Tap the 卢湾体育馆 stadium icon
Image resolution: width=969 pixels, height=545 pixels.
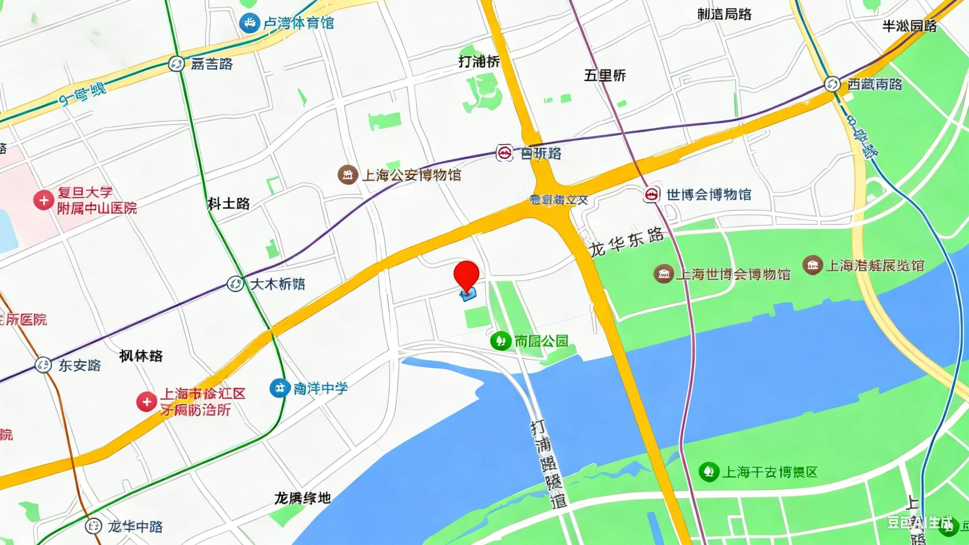250,23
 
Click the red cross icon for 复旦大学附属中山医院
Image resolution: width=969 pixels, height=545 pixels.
44,200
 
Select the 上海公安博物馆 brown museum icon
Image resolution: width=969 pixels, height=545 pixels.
347,175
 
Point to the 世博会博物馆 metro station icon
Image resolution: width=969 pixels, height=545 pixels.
652,195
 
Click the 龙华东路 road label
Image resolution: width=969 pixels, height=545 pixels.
626,242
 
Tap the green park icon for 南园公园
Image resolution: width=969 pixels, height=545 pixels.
501,341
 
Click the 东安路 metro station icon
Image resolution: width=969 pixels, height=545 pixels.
43,365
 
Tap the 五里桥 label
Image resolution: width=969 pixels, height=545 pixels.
605,75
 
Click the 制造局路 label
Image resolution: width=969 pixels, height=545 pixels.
724,14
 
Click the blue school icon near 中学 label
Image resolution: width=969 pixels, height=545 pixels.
279,388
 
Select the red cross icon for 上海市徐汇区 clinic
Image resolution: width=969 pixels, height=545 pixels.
146,402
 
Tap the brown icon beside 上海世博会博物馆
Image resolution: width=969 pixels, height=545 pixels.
663,274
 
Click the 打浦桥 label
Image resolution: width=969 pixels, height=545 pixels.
479,61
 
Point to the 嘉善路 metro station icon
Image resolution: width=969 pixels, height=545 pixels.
176,64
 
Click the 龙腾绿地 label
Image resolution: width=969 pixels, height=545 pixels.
302,498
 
